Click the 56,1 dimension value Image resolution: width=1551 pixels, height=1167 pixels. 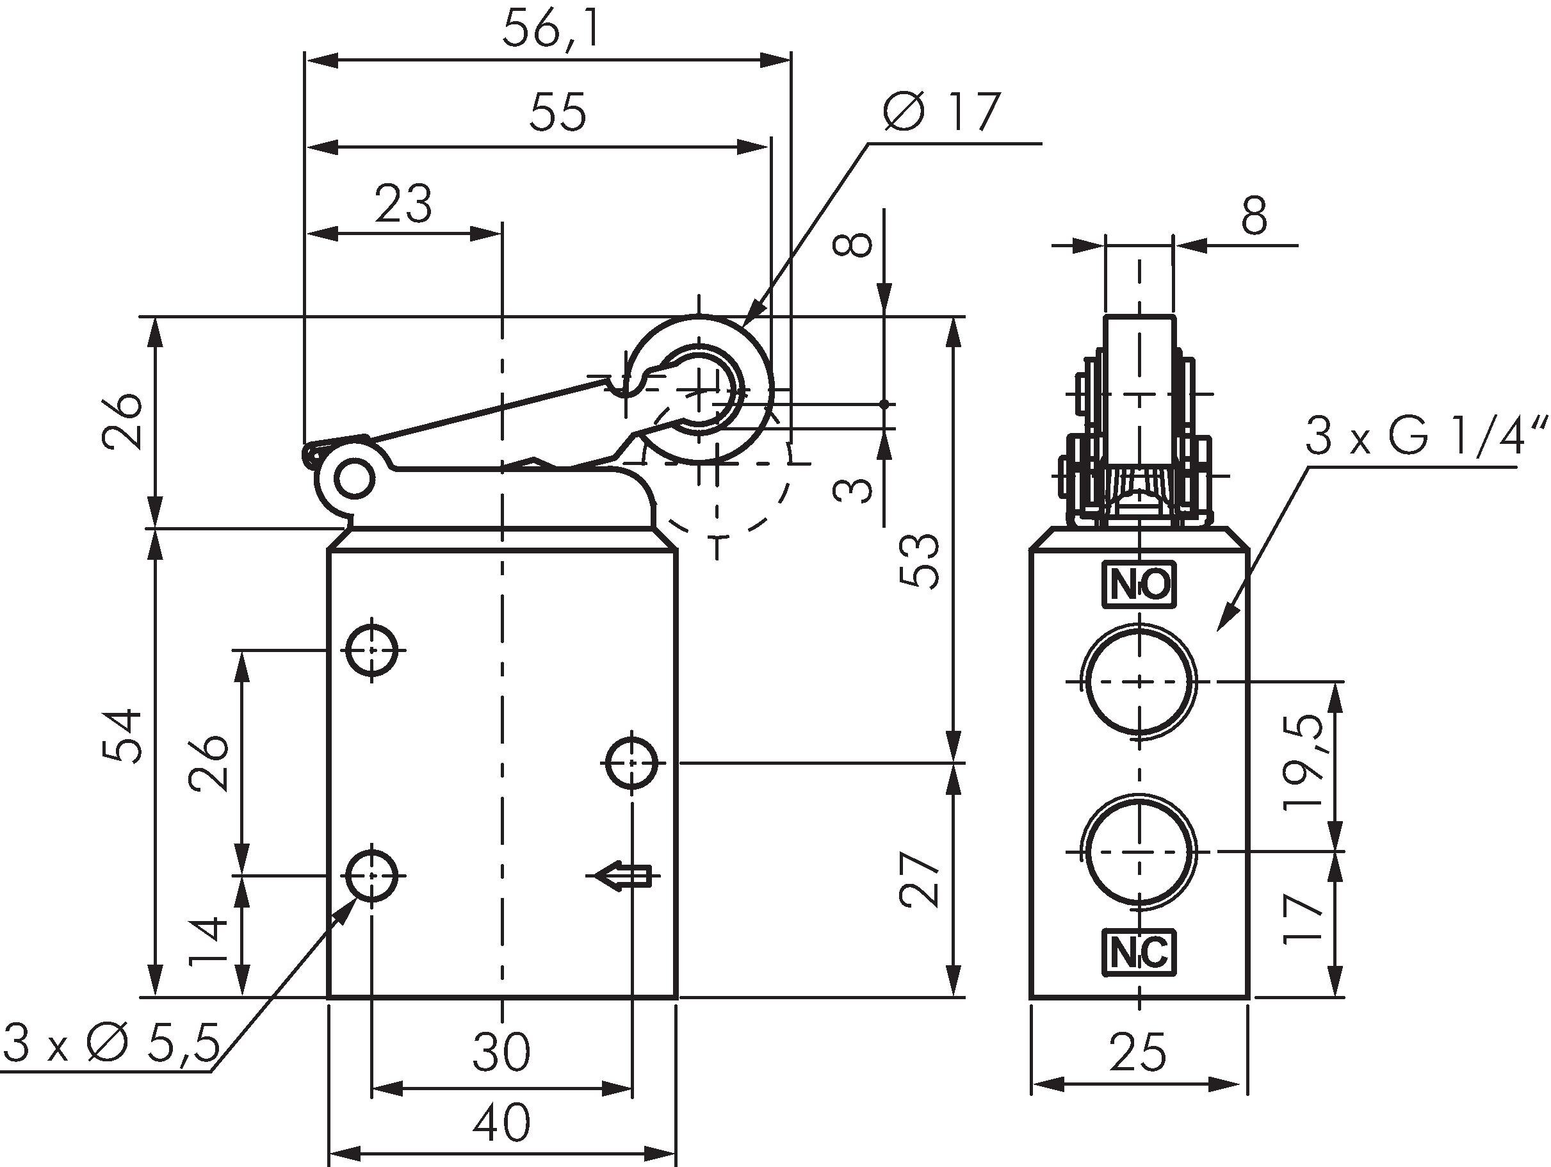(x=552, y=31)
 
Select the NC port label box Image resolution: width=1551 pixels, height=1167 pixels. (x=1139, y=952)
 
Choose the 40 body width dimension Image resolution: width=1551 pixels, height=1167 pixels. (x=501, y=1123)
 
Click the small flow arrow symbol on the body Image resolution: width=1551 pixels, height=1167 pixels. (x=622, y=876)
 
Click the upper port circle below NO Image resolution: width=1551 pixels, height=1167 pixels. (x=1139, y=681)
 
